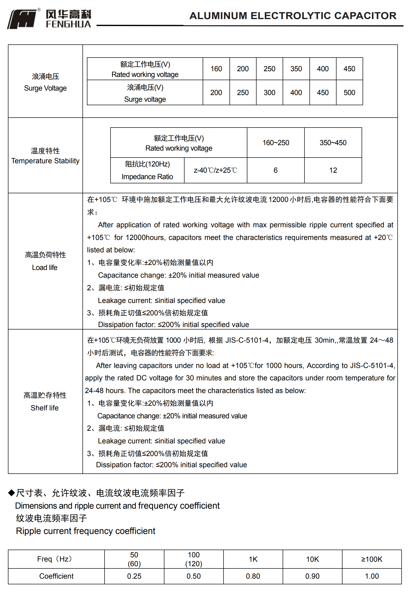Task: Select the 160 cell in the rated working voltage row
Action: [x=216, y=69]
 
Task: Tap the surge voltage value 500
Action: [x=349, y=93]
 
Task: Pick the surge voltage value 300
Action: [x=269, y=93]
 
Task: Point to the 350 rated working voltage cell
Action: [x=296, y=69]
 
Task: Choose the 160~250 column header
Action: [x=275, y=143]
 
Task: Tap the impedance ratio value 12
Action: [x=333, y=170]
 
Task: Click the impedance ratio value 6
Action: [x=275, y=170]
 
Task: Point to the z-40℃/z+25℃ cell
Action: [x=215, y=170]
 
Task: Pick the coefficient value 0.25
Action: [x=134, y=576]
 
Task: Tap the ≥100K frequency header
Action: [x=372, y=559]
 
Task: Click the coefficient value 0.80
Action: [x=253, y=576]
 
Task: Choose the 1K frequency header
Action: [x=253, y=559]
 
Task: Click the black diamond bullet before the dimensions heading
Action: [x=11, y=493]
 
